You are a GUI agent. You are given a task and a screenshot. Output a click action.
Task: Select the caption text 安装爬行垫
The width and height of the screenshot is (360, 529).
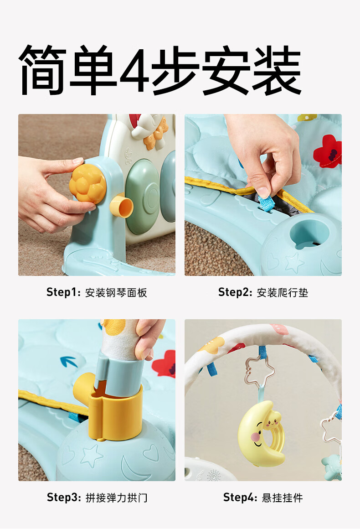(283, 293)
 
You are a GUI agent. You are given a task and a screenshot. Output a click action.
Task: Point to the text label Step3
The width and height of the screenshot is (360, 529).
(63, 497)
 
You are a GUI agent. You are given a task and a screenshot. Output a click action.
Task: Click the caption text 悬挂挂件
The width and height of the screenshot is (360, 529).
(283, 498)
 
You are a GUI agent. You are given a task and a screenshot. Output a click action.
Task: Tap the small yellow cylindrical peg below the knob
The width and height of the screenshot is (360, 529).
(121, 206)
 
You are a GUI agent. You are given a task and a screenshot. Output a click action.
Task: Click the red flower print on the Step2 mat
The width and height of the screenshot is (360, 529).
(327, 151)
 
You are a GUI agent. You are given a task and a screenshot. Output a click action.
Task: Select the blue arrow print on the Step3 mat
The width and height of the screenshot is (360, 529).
(68, 363)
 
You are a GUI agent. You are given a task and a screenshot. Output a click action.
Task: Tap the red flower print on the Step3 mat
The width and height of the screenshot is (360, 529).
(165, 363)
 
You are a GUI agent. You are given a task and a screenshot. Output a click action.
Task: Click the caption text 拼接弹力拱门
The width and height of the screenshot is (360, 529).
(116, 498)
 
